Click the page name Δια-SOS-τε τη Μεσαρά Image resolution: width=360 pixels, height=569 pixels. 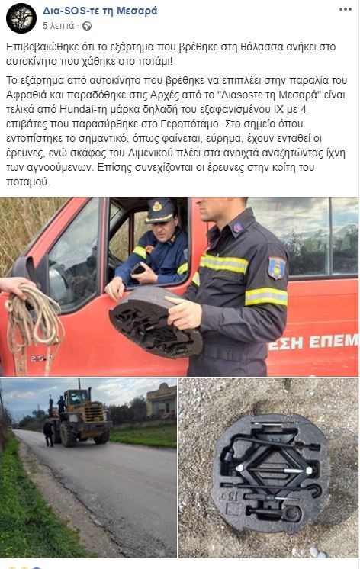100,11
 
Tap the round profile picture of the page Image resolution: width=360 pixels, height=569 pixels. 21,18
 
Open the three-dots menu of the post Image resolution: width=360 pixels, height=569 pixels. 345,9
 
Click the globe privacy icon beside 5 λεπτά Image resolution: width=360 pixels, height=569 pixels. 87,26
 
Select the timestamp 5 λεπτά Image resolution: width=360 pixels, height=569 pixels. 59,26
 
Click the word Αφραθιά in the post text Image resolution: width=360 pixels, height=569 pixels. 24,95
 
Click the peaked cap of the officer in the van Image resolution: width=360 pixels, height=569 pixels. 160,211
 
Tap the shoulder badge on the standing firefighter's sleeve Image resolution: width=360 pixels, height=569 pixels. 277,268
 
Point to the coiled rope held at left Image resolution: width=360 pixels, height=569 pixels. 34,320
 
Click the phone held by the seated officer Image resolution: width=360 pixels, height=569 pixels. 137,268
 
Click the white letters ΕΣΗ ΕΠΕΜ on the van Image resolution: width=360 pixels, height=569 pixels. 314,342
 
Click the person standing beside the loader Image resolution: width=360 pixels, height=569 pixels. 48,433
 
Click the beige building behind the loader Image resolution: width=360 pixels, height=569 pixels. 161,400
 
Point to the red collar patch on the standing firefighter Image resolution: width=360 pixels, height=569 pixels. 237,228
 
